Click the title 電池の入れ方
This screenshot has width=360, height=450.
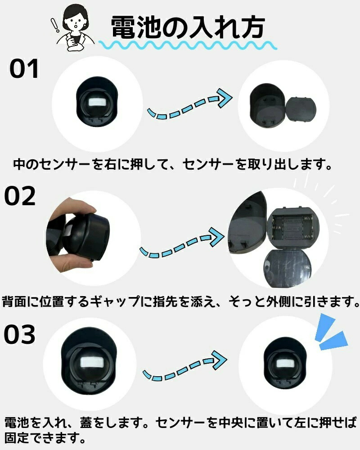[x=188, y=27]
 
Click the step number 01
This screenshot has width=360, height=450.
[x=24, y=69]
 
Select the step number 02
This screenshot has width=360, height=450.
[x=19, y=196]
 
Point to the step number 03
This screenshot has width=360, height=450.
[x=19, y=335]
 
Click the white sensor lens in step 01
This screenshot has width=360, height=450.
[x=96, y=102]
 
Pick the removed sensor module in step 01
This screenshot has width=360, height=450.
[x=301, y=109]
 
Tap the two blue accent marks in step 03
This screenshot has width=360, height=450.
[x=331, y=333]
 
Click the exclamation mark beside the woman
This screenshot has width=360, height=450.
[x=55, y=25]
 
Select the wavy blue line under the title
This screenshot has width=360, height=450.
[x=188, y=45]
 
